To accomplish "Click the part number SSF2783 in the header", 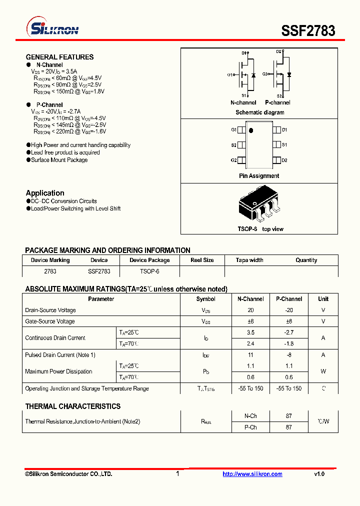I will [x=308, y=30].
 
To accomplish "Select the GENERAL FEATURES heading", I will [x=59, y=57].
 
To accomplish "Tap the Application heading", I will [x=45, y=193].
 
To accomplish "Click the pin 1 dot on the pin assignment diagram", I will [x=251, y=131].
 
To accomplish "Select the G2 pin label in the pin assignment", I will [x=233, y=160].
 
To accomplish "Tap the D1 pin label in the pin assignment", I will [x=284, y=130].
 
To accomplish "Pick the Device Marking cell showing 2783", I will [x=50, y=271].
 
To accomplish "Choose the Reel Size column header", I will [x=202, y=260].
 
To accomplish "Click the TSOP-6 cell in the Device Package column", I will [x=149, y=271].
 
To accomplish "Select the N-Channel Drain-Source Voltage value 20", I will [x=250, y=310].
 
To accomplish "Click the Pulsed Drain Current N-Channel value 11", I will [x=250, y=355].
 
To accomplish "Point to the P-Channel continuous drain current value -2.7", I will [x=289, y=332].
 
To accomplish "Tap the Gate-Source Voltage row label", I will [x=50, y=321].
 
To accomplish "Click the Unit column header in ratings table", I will [x=323, y=299].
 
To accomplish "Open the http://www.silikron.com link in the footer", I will [x=252, y=474].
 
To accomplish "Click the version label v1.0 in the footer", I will [x=319, y=474].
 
